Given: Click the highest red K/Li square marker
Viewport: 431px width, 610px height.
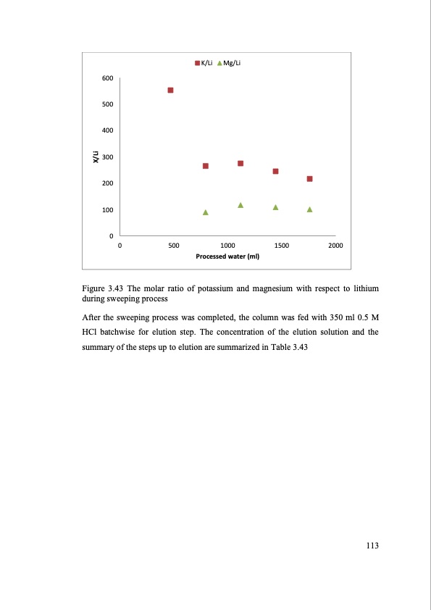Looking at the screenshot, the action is point(170,91).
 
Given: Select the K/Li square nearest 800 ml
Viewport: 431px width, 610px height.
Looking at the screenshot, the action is point(206,166).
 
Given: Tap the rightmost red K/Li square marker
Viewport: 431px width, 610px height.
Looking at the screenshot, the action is point(309,179).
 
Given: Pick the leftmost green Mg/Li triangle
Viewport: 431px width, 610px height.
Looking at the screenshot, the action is point(206,212).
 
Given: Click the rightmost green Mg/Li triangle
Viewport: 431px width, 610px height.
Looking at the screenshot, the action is point(309,209).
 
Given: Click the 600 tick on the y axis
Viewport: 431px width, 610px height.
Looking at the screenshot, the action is point(106,78).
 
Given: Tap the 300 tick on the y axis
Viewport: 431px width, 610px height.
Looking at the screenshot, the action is point(106,157).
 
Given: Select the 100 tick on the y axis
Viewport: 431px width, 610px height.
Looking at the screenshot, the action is point(106,210).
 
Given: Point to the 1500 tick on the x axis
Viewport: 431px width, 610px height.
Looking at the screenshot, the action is point(281,246).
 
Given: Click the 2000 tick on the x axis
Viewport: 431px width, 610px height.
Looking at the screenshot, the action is point(335,246).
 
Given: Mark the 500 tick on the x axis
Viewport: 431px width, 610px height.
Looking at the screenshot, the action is point(174,246).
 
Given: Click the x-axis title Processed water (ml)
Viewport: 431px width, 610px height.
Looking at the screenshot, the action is point(227,256).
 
